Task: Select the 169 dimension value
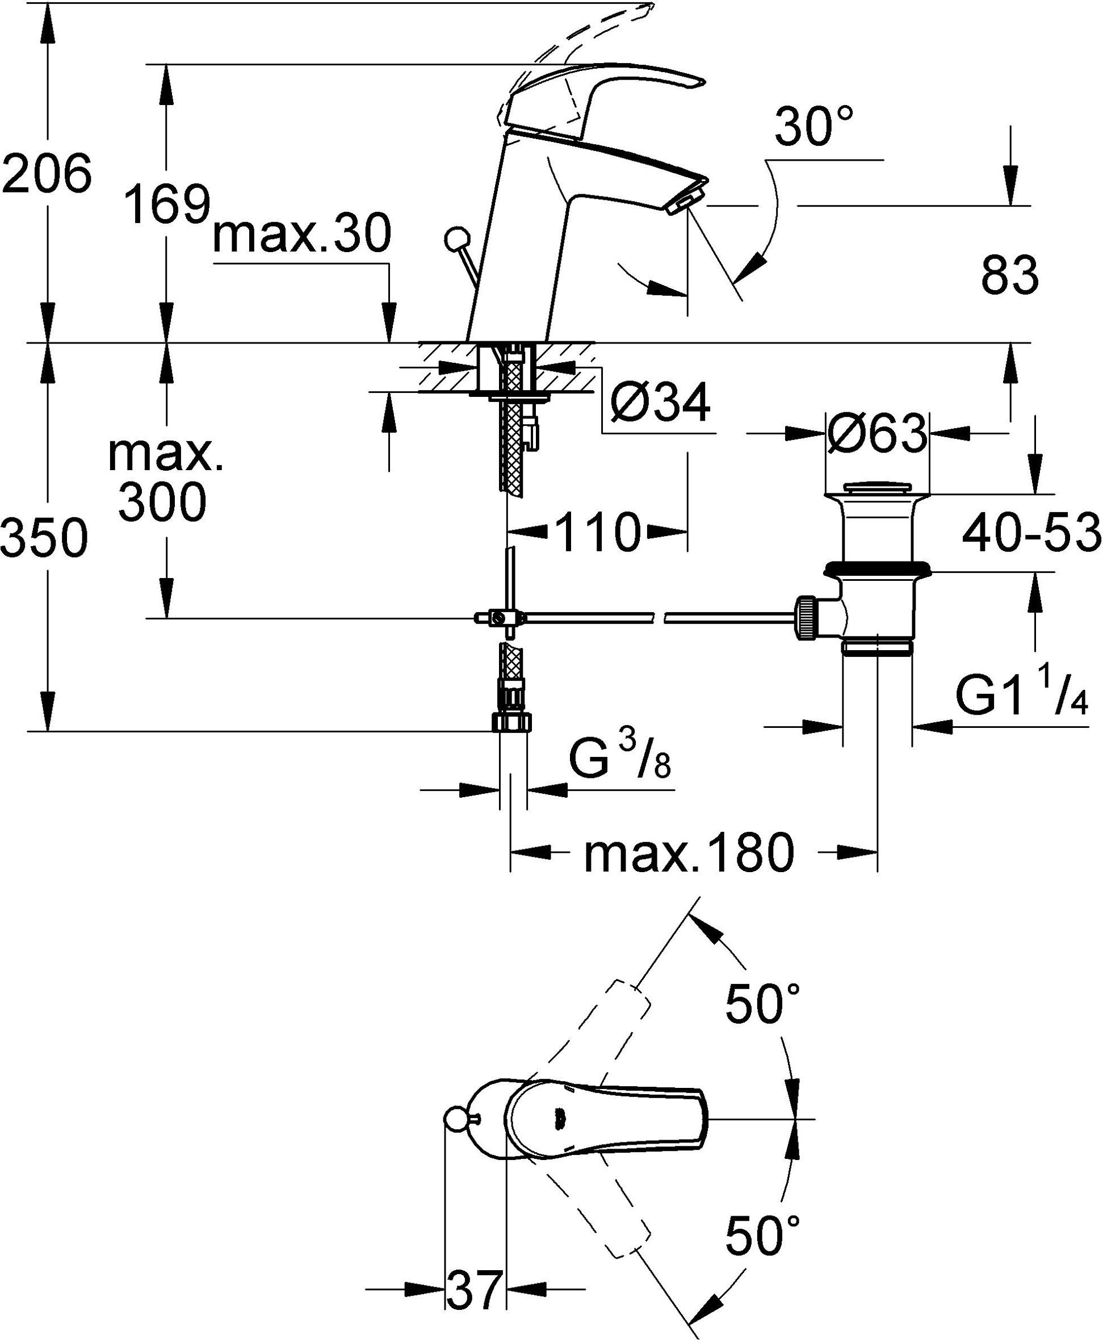point(166,204)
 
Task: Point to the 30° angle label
point(814,127)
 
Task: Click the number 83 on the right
point(1009,275)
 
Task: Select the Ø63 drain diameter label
point(877,434)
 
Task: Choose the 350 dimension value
point(43,538)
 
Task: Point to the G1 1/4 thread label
point(1022,697)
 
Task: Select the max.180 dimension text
point(689,853)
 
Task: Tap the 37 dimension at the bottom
point(475,1289)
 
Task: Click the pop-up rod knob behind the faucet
point(455,240)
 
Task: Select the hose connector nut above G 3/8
point(512,722)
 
